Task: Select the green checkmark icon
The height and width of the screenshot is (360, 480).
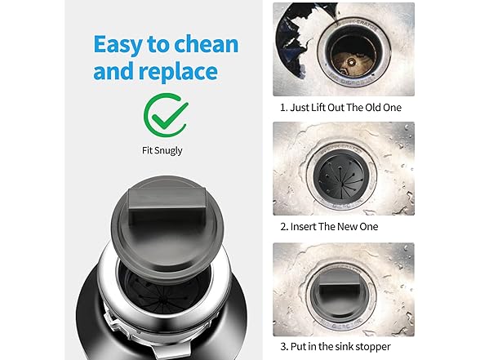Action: [x=166, y=115]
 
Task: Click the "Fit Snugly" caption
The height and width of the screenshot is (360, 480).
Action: [x=162, y=150]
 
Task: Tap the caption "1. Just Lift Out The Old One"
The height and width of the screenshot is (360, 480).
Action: [x=340, y=108]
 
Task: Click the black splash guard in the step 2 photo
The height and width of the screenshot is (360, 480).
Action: [x=341, y=179]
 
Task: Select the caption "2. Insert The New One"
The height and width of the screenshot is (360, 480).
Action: [x=329, y=227]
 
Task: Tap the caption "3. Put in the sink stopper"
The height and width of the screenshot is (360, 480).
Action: [x=336, y=346]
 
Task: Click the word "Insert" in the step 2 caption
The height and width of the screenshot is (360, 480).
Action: [x=303, y=227]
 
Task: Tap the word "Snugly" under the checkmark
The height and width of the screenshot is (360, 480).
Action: [x=168, y=151]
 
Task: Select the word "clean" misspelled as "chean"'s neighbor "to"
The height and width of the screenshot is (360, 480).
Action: [x=158, y=45]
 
